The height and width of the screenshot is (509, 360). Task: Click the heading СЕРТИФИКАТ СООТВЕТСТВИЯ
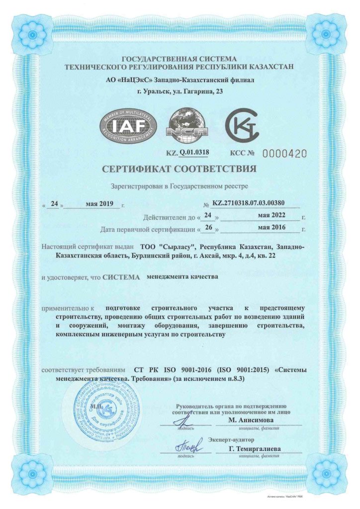180,169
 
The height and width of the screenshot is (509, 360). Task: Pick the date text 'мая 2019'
100,203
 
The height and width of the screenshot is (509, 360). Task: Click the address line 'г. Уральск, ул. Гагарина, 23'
180,91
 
